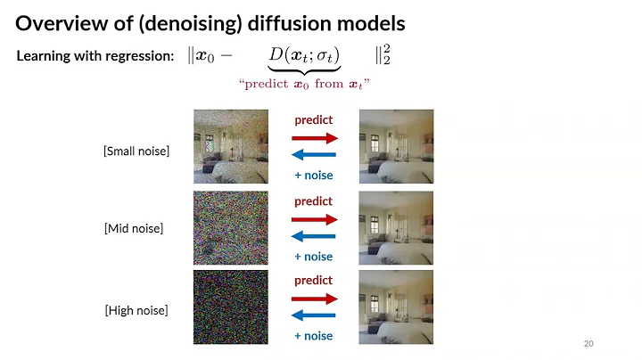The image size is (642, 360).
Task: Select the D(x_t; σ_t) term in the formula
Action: point(304,55)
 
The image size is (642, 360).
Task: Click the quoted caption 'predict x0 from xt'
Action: point(304,83)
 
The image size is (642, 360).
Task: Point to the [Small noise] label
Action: point(136,151)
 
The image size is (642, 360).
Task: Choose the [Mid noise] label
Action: point(134,229)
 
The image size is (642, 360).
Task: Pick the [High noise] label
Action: point(136,310)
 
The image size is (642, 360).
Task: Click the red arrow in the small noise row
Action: point(314,138)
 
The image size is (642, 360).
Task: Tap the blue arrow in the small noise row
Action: point(314,157)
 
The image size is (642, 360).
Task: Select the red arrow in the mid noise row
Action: point(314,218)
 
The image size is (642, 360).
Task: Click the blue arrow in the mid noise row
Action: point(314,237)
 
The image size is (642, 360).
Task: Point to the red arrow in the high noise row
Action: point(314,298)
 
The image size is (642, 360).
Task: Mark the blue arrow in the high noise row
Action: point(314,316)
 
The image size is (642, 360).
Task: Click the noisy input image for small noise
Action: point(231,146)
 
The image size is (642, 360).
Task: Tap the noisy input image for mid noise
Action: point(231,227)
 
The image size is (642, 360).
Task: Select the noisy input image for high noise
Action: point(231,307)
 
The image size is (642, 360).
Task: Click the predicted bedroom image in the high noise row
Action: point(395,307)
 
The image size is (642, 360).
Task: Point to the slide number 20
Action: point(588,343)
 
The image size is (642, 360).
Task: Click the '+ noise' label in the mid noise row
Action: point(313,257)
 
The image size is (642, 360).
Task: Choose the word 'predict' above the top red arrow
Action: point(313,119)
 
